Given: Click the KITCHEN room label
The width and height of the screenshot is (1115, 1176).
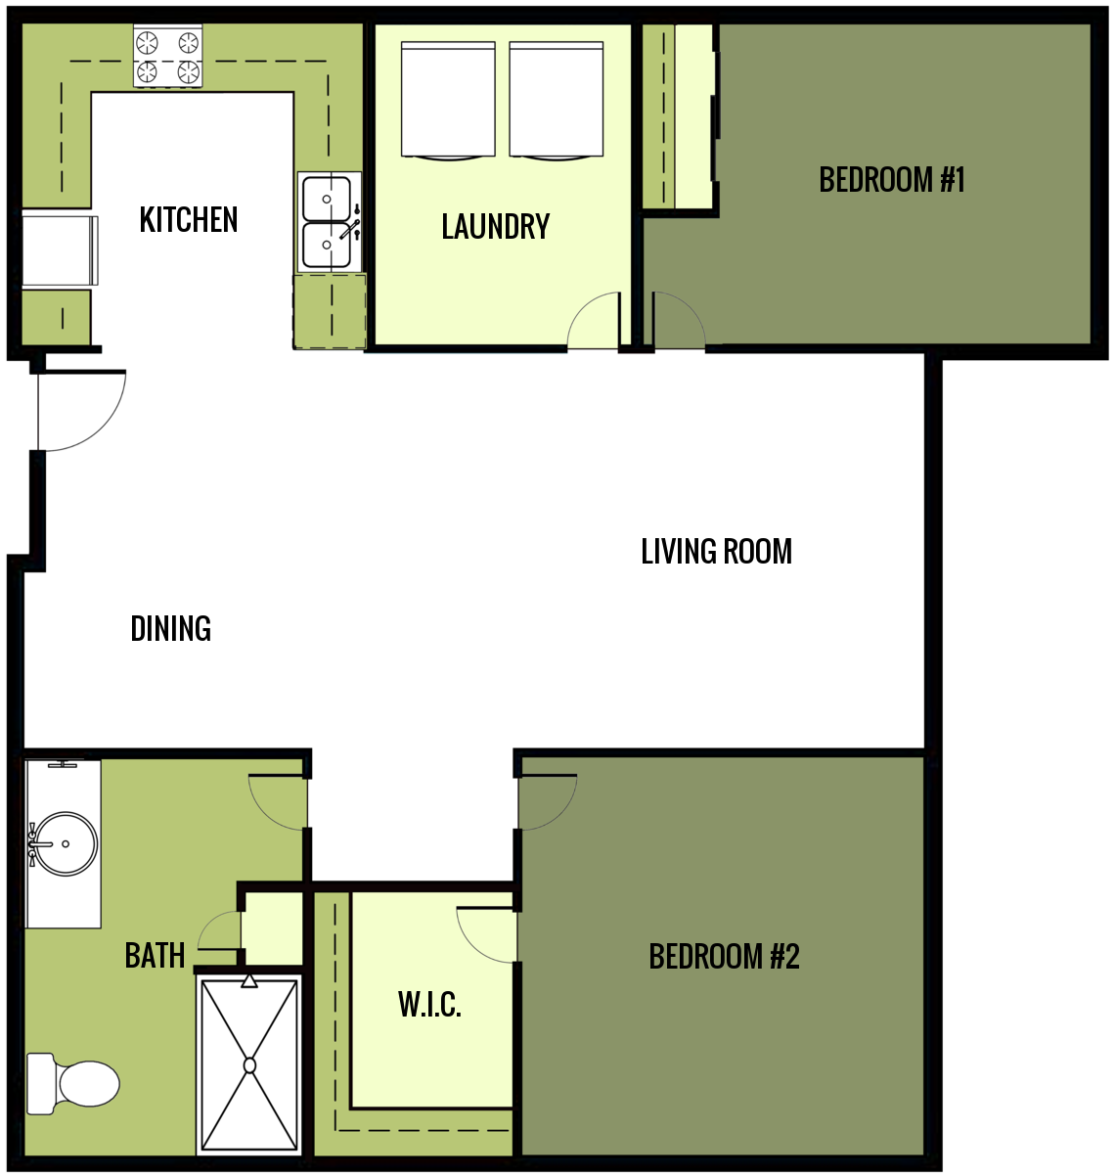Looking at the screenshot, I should (189, 220).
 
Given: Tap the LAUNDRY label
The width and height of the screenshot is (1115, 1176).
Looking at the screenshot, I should (495, 227).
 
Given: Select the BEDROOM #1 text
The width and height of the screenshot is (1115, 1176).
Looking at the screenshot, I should (892, 180).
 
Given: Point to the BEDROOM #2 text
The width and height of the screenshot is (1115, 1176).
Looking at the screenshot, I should (724, 956).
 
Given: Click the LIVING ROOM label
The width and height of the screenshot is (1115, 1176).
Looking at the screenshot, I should (716, 552).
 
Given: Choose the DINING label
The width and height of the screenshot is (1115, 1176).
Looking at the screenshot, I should (171, 628).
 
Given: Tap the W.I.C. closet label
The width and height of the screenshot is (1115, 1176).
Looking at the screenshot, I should (429, 1005).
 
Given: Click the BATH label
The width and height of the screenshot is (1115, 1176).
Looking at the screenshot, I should (155, 955).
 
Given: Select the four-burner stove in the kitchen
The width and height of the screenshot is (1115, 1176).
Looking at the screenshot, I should (167, 57).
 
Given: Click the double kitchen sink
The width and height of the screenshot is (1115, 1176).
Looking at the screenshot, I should (327, 222).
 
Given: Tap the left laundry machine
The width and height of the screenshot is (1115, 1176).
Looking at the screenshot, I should (449, 99).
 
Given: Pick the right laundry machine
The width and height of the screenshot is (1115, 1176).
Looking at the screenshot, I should (556, 99).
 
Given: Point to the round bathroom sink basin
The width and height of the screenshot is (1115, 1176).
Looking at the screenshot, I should (65, 843).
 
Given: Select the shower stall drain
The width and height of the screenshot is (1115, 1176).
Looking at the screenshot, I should (249, 1064).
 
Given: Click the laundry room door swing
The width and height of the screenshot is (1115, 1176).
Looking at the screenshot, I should (595, 323).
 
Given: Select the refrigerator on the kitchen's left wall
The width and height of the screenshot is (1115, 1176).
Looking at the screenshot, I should (60, 249).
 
